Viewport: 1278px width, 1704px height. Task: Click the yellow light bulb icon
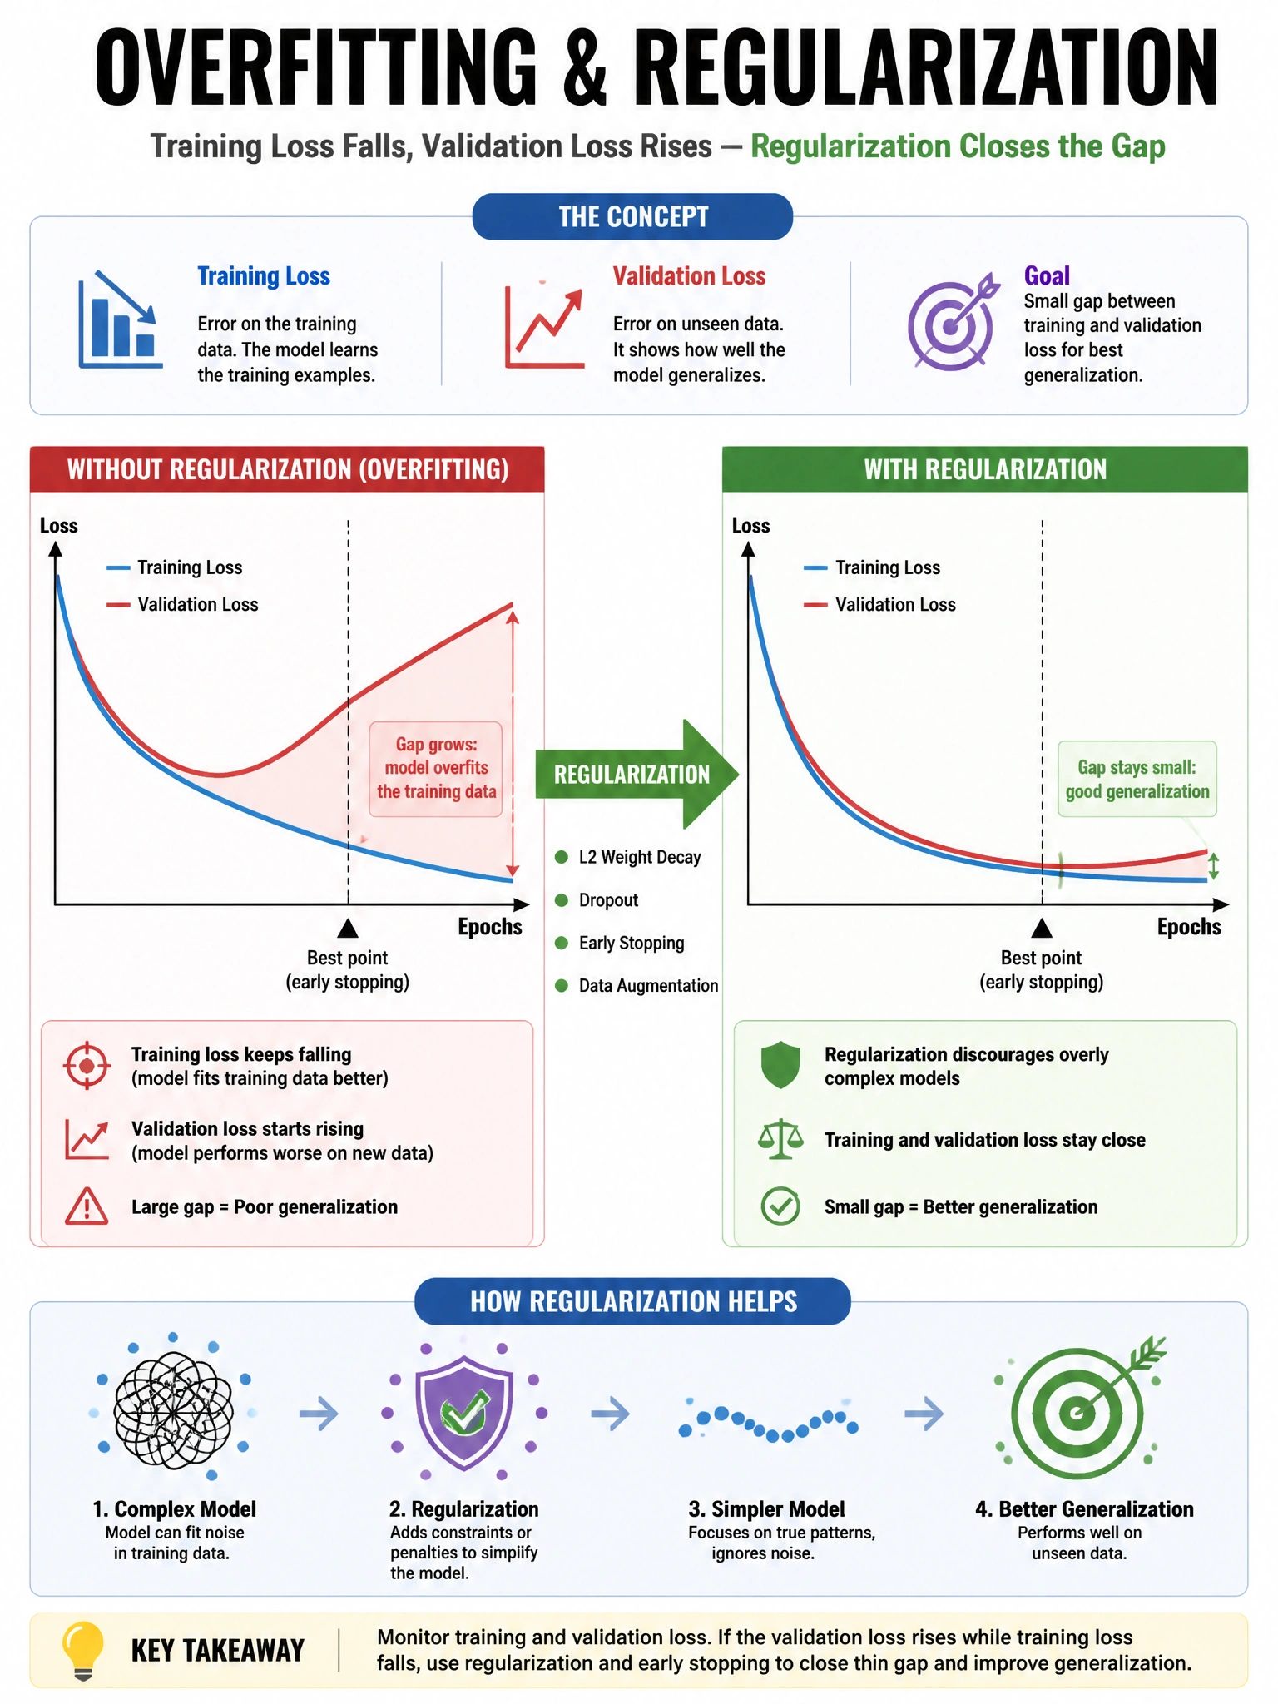pos(83,1649)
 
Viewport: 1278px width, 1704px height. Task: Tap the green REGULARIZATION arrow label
pos(632,775)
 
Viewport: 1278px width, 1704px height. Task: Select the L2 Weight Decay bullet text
pos(640,857)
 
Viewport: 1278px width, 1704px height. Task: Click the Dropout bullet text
pos(608,900)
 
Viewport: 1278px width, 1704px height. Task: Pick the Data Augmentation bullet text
pos(648,986)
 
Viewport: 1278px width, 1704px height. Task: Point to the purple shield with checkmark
pos(464,1412)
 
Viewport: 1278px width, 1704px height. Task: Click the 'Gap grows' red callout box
pos(436,769)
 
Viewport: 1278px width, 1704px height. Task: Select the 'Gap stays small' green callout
pos(1137,779)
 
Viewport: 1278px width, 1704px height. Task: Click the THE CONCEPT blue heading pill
pos(632,216)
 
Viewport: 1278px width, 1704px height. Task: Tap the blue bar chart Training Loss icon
pos(119,319)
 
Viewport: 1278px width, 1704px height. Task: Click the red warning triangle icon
pos(87,1206)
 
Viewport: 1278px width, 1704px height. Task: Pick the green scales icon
pos(780,1139)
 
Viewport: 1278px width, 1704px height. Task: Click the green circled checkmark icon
pos(780,1206)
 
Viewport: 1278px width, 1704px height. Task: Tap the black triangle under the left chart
pos(348,929)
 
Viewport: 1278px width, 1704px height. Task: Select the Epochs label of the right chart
pos(1189,927)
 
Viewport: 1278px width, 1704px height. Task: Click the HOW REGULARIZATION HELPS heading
pos(633,1301)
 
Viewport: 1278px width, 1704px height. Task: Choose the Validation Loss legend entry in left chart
pos(182,604)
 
